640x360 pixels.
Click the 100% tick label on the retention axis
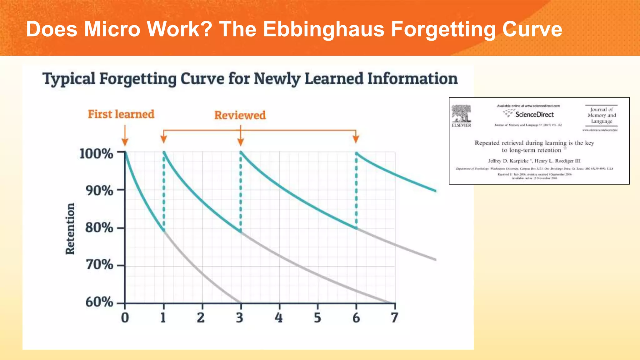click(96, 154)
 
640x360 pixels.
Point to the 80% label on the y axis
click(99, 227)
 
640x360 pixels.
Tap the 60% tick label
click(99, 302)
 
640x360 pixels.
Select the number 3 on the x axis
click(240, 317)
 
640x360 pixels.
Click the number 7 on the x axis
click(394, 317)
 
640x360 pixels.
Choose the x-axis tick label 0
click(125, 317)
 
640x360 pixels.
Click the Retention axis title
click(70, 229)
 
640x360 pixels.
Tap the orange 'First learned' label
click(121, 114)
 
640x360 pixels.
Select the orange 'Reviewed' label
click(240, 115)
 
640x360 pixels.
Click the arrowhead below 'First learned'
click(125, 142)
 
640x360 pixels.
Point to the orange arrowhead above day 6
click(356, 139)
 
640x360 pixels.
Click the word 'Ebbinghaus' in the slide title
click(323, 29)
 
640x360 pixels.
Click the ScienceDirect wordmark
click(534, 114)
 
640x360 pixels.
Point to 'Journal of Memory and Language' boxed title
click(602, 115)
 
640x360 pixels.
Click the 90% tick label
click(99, 191)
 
